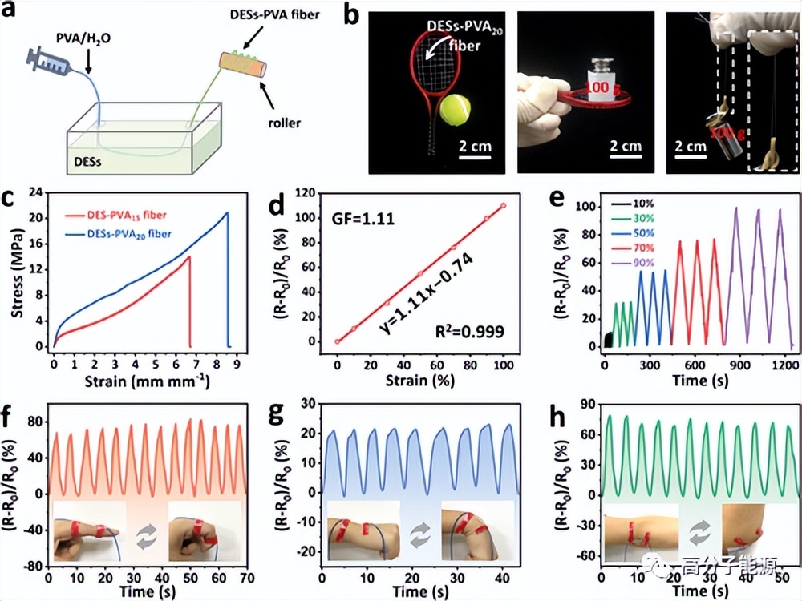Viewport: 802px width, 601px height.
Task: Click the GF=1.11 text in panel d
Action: (359, 217)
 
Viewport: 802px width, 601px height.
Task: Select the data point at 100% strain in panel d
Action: (503, 205)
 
